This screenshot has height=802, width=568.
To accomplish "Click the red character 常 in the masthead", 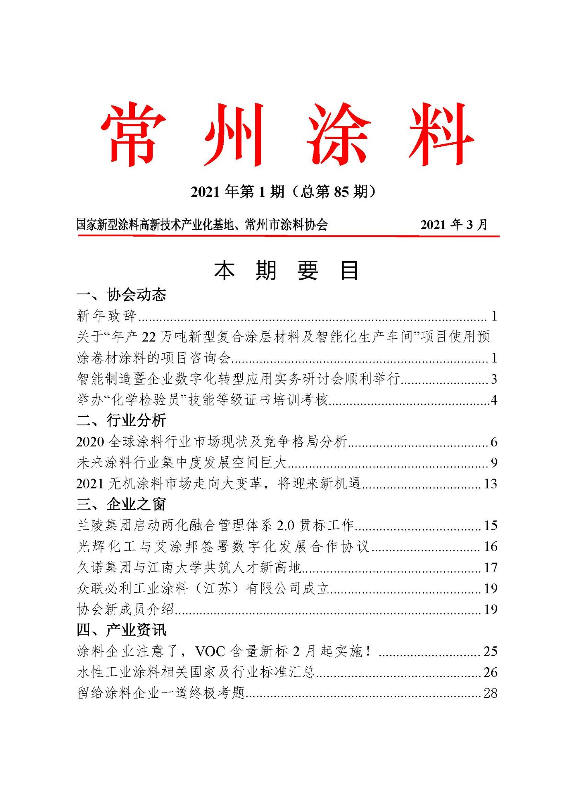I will pos(133,134).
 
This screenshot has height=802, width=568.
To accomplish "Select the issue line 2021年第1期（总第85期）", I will pos(284,192).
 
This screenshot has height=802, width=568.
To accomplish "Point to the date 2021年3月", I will pos(454,225).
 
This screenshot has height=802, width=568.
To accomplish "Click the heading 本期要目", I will pos(286,270).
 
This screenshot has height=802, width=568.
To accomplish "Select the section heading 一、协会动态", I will pos(121,295).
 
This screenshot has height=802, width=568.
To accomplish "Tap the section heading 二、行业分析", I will pos(121,421).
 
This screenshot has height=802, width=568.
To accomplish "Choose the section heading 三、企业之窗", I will pos(121,504).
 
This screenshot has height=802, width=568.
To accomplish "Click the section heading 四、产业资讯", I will pos(121,630).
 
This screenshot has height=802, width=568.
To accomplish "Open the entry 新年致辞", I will pos(106,316).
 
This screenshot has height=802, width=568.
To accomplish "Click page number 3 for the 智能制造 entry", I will pos(494,379).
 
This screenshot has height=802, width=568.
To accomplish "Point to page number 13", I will pos(491,484).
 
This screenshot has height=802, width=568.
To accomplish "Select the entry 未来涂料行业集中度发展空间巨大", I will pos(181,463).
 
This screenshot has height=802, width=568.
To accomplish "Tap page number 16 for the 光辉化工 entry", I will pos(491,547).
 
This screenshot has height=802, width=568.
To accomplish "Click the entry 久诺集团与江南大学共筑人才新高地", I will pos(189,567).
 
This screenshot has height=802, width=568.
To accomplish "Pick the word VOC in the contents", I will pos(210,651).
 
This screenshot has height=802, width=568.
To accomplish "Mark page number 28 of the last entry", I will pos(491,693).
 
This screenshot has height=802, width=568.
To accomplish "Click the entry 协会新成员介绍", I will pos(125,610).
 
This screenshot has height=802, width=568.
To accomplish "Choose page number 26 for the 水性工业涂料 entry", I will pos(491,672).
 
